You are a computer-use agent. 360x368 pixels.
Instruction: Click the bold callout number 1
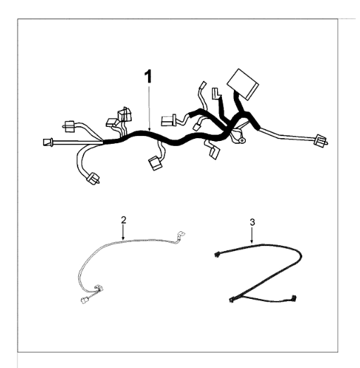click(148, 77)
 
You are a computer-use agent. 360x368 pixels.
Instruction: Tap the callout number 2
click(123, 220)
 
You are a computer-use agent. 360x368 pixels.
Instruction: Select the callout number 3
click(252, 222)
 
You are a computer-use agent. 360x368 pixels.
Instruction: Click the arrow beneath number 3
click(252, 235)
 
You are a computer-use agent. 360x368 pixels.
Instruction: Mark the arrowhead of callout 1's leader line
click(149, 129)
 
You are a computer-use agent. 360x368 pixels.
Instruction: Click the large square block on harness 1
click(243, 85)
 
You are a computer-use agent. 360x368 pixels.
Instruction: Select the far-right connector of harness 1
click(321, 141)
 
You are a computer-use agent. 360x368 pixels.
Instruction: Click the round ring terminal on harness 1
click(241, 140)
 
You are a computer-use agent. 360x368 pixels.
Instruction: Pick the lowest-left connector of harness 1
click(93, 179)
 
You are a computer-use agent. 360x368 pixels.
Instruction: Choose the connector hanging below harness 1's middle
click(155, 163)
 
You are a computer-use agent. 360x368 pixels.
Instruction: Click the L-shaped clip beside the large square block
click(216, 93)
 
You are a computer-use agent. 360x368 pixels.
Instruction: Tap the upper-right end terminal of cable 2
click(180, 234)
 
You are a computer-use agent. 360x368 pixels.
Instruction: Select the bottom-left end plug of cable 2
click(85, 300)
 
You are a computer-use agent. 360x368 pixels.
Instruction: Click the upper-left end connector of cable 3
click(217, 254)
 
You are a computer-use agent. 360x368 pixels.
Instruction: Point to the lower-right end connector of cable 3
click(294, 298)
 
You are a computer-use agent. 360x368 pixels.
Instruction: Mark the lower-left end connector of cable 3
click(232, 300)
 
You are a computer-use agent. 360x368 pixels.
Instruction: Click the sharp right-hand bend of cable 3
click(301, 255)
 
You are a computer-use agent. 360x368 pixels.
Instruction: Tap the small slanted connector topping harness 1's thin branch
click(203, 85)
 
